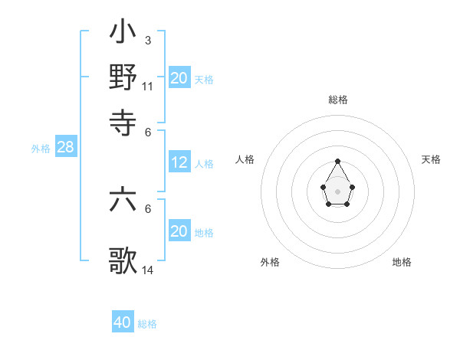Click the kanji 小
point(123,33)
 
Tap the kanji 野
point(123,77)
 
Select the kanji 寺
point(123,120)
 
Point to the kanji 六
point(123,201)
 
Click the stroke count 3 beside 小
point(147,41)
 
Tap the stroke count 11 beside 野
point(147,86)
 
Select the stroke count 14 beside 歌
point(148,270)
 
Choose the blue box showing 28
point(65,148)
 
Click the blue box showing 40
point(123,322)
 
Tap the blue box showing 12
point(179,162)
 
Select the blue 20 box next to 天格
point(179,78)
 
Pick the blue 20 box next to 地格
point(179,231)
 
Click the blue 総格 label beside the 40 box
point(147,324)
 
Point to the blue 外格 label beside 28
point(40,149)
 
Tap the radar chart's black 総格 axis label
point(337,100)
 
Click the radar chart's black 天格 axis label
point(431,159)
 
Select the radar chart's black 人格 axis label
point(245,159)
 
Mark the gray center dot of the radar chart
point(337,190)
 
